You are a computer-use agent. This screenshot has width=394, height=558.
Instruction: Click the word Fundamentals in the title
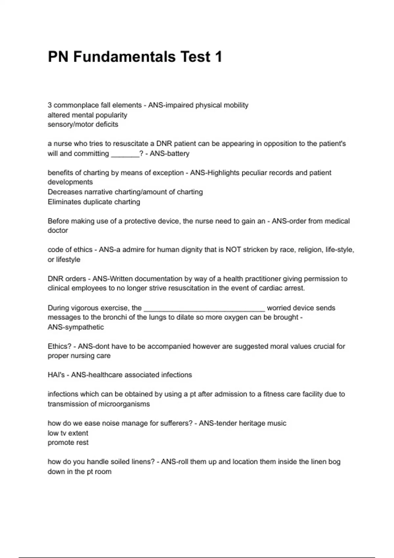pyautogui.click(x=124, y=57)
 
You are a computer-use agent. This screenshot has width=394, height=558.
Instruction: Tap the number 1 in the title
pyautogui.click(x=218, y=57)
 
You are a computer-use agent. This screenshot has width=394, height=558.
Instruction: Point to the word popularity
pyautogui.click(x=111, y=115)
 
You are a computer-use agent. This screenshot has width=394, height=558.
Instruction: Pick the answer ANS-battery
pyautogui.click(x=169, y=153)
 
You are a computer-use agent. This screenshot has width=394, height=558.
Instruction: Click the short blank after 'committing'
pyautogui.click(x=125, y=154)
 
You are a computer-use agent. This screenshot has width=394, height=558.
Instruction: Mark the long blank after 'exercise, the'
pyautogui.click(x=204, y=309)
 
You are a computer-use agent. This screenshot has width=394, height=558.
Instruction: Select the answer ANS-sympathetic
pyautogui.click(x=76, y=327)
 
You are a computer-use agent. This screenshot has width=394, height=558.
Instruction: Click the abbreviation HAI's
pyautogui.click(x=56, y=375)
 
